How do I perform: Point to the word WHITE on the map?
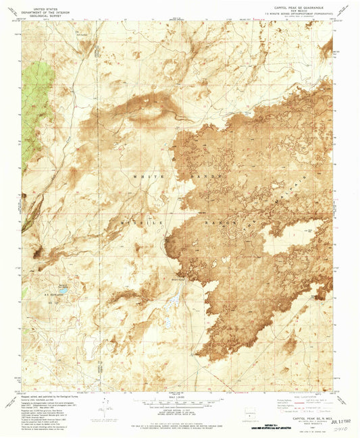147,174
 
